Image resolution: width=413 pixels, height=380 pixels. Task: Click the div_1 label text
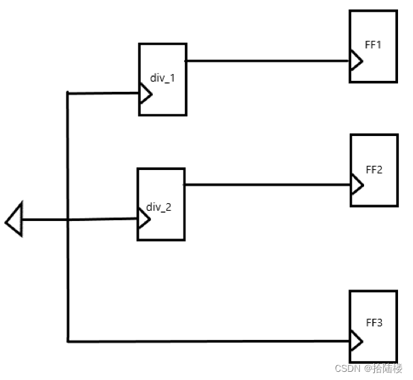tap(162, 78)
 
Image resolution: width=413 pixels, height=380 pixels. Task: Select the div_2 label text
tap(159, 206)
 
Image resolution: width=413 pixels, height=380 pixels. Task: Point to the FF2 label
tap(374, 169)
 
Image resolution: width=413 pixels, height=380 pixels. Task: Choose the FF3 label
tap(374, 322)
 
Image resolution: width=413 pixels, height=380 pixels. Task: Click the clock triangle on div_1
tap(145, 94)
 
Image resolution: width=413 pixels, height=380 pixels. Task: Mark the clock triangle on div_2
tap(143, 218)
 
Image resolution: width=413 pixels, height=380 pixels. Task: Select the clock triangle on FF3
tap(356, 339)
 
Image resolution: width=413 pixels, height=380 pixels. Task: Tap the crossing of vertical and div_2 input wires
tap(68, 220)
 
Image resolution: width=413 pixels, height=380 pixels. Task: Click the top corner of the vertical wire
tap(68, 93)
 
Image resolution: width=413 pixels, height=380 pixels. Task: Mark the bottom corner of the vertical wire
tap(68, 339)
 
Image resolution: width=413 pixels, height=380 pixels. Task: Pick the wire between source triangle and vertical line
tap(45, 220)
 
